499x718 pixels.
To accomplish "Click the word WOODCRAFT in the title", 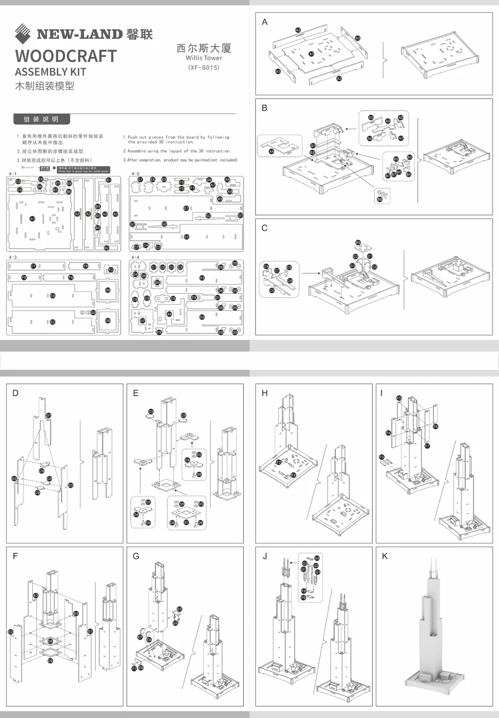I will click(x=66, y=56).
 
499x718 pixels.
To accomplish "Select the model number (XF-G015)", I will click(x=203, y=68).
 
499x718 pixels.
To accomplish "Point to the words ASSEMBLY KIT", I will click(x=50, y=72).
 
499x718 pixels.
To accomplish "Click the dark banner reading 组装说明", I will click(x=41, y=119).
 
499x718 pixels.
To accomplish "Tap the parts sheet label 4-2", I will click(x=136, y=174).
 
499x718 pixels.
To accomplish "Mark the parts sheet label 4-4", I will click(x=136, y=257).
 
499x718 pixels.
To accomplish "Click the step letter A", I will click(x=265, y=22).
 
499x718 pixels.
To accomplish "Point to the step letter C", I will click(x=265, y=228).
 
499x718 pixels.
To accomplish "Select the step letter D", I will click(x=15, y=393).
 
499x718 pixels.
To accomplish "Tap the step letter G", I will click(x=136, y=556).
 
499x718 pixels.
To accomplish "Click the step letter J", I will click(x=265, y=556).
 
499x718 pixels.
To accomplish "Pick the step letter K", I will click(x=385, y=556).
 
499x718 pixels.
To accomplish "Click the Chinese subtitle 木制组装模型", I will click(x=44, y=86).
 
